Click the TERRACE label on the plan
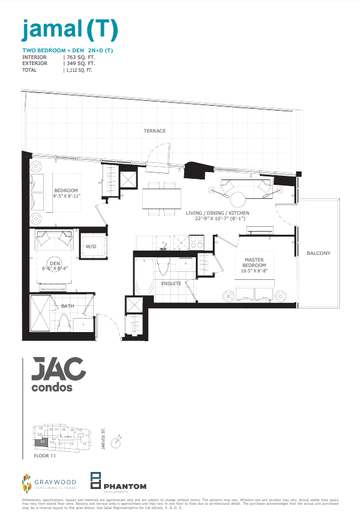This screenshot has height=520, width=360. coord(154,131)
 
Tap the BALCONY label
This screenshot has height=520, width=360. coord(319,253)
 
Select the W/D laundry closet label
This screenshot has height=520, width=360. coord(91,246)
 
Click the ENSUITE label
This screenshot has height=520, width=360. coord(171,283)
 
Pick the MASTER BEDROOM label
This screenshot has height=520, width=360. coord(254,262)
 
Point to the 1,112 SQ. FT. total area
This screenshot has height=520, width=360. coord(78,70)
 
